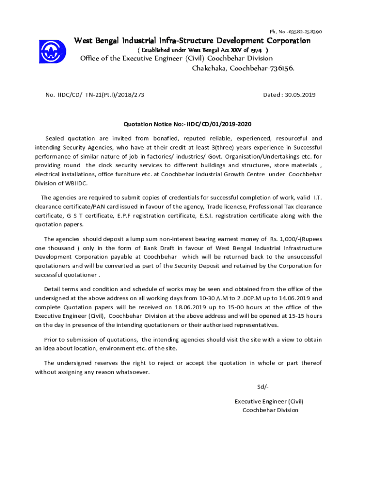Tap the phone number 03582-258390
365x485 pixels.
coord(301,32)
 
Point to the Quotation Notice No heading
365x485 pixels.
coord(187,124)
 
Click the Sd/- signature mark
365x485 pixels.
coord(263,386)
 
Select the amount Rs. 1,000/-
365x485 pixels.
coord(283,239)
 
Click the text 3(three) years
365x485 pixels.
coord(242,147)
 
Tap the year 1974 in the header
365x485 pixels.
coord(256,50)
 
